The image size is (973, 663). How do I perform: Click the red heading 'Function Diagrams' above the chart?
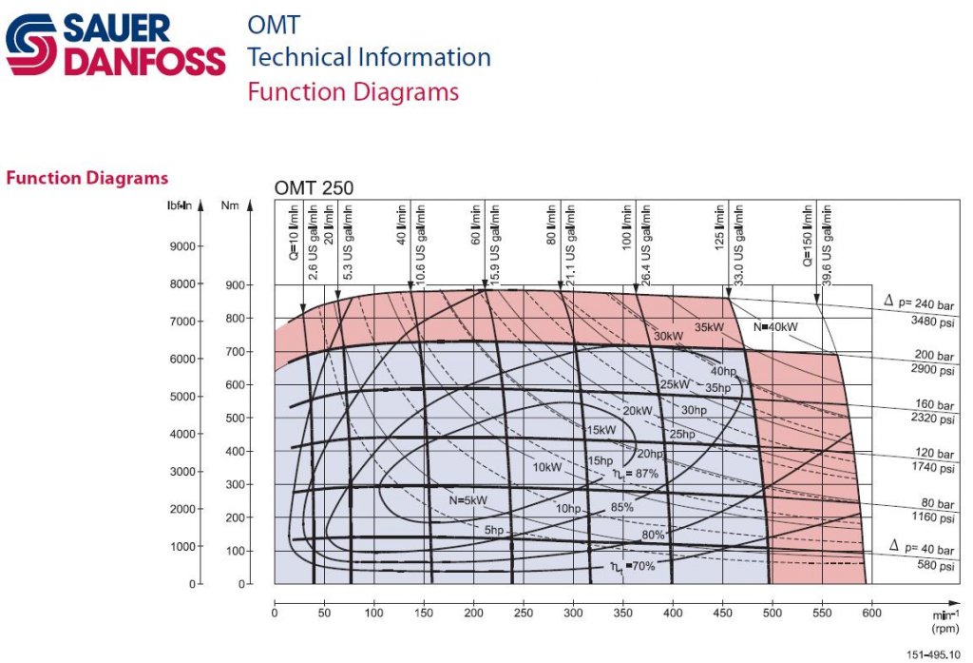point(87,178)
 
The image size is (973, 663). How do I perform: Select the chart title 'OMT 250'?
point(314,188)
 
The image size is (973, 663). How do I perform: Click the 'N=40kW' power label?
point(776,327)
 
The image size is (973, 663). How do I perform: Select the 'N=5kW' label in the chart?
point(468,499)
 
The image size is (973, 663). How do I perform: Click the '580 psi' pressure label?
point(933,566)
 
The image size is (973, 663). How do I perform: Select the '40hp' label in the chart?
point(722,371)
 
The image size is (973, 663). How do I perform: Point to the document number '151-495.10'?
point(933,655)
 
